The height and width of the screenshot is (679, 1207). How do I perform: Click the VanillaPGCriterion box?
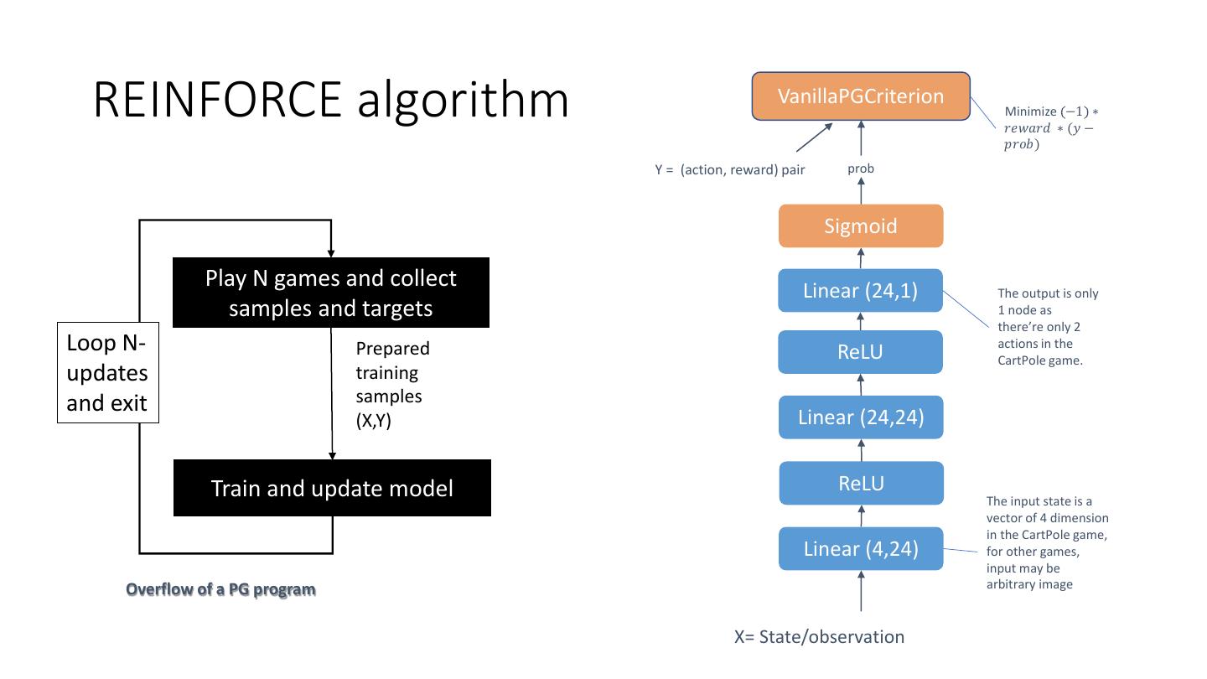[861, 96]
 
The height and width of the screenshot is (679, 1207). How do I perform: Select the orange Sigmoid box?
[861, 225]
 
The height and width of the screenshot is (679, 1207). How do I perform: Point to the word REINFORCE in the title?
[217, 100]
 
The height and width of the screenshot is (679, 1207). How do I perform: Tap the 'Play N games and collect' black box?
[331, 293]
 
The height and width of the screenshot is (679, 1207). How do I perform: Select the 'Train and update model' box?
[332, 488]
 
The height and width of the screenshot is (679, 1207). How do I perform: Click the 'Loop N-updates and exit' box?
[108, 372]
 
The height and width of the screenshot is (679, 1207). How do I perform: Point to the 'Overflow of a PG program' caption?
[220, 589]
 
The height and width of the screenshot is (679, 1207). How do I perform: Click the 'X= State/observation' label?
[819, 637]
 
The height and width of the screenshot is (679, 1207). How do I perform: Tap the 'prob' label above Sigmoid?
[861, 168]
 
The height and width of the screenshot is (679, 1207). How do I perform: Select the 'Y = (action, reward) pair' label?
[729, 169]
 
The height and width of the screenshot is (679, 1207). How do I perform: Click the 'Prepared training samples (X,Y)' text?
[392, 384]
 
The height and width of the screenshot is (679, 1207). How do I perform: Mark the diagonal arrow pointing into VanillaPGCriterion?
[814, 137]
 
